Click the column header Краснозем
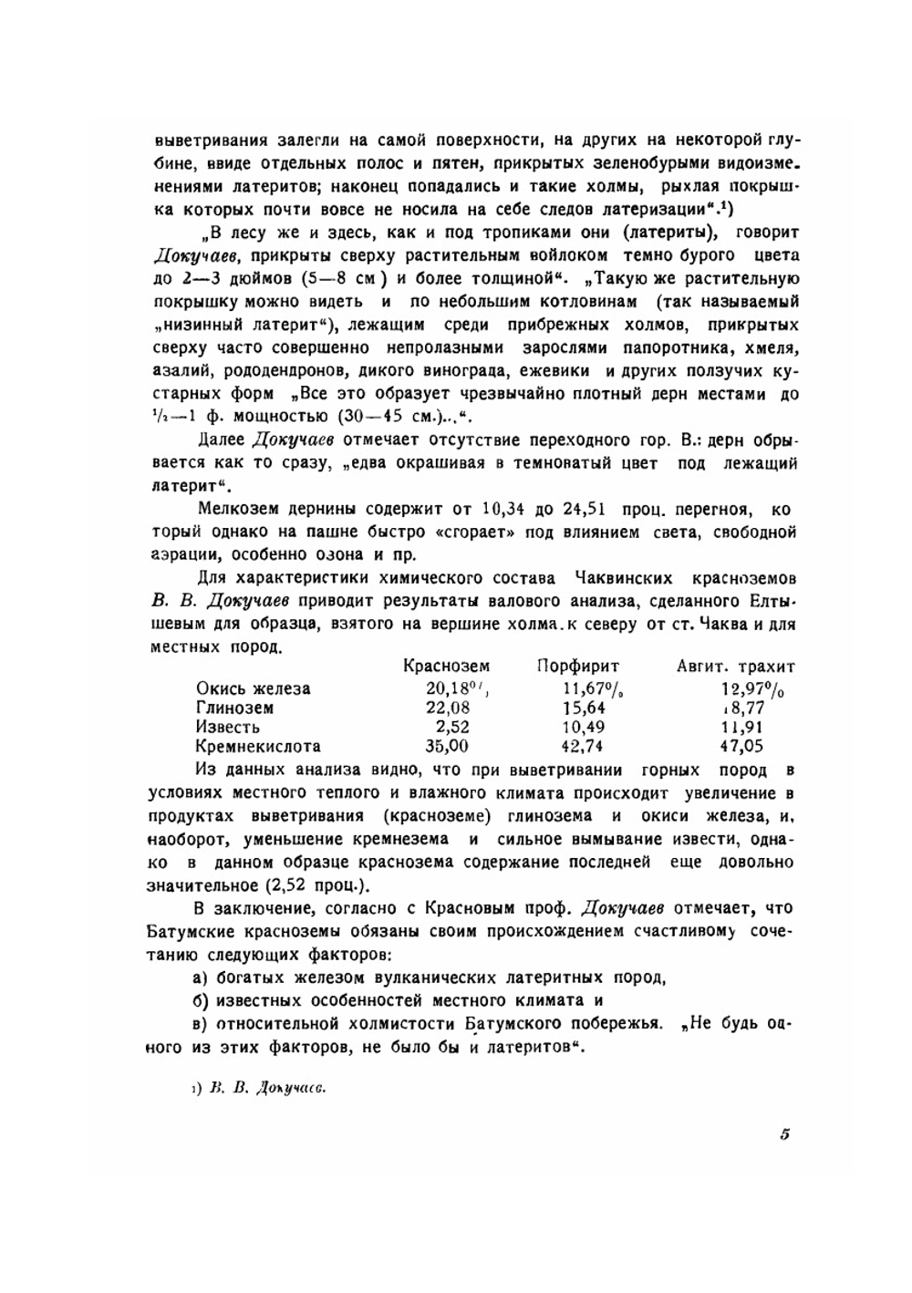[x=446, y=667]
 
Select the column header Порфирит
[x=577, y=667]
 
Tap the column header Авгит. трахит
[x=735, y=667]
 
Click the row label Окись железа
[x=253, y=688]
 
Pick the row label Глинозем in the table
[x=234, y=708]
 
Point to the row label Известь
[x=227, y=727]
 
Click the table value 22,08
[x=448, y=708]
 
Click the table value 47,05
[x=741, y=746]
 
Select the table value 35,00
[x=448, y=746]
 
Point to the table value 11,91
[x=741, y=727]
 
